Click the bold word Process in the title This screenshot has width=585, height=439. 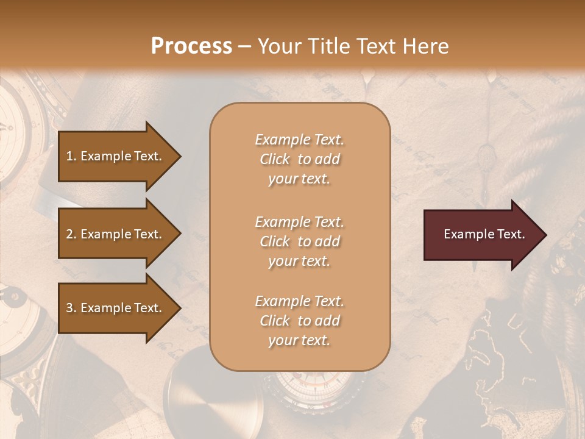tap(191, 46)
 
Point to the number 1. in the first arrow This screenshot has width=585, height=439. tap(71, 156)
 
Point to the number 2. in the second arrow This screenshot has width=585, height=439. tap(71, 234)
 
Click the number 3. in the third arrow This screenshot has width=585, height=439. tap(71, 308)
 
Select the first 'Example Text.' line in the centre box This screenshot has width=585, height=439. tap(299, 140)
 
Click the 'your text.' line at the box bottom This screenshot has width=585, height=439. tap(299, 340)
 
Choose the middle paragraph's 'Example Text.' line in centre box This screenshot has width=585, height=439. tap(299, 221)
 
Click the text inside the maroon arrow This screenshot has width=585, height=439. tap(484, 234)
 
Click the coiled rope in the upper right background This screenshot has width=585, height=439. tap(548, 146)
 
